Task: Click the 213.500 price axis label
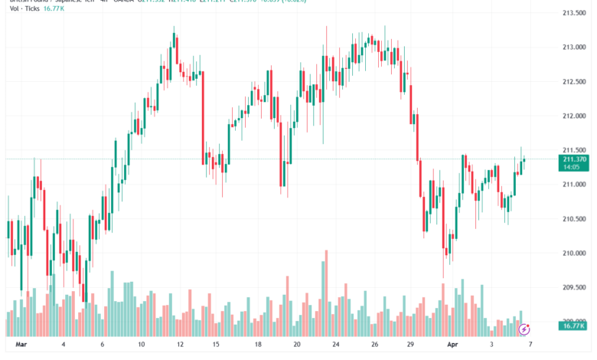click(x=573, y=13)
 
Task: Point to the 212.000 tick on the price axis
click(x=573, y=116)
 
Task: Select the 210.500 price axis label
click(x=573, y=219)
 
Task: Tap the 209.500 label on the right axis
click(x=573, y=288)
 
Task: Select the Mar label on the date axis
click(x=21, y=345)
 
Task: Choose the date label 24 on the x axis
click(x=335, y=345)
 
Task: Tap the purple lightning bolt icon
click(x=524, y=329)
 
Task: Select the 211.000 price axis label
click(x=573, y=185)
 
